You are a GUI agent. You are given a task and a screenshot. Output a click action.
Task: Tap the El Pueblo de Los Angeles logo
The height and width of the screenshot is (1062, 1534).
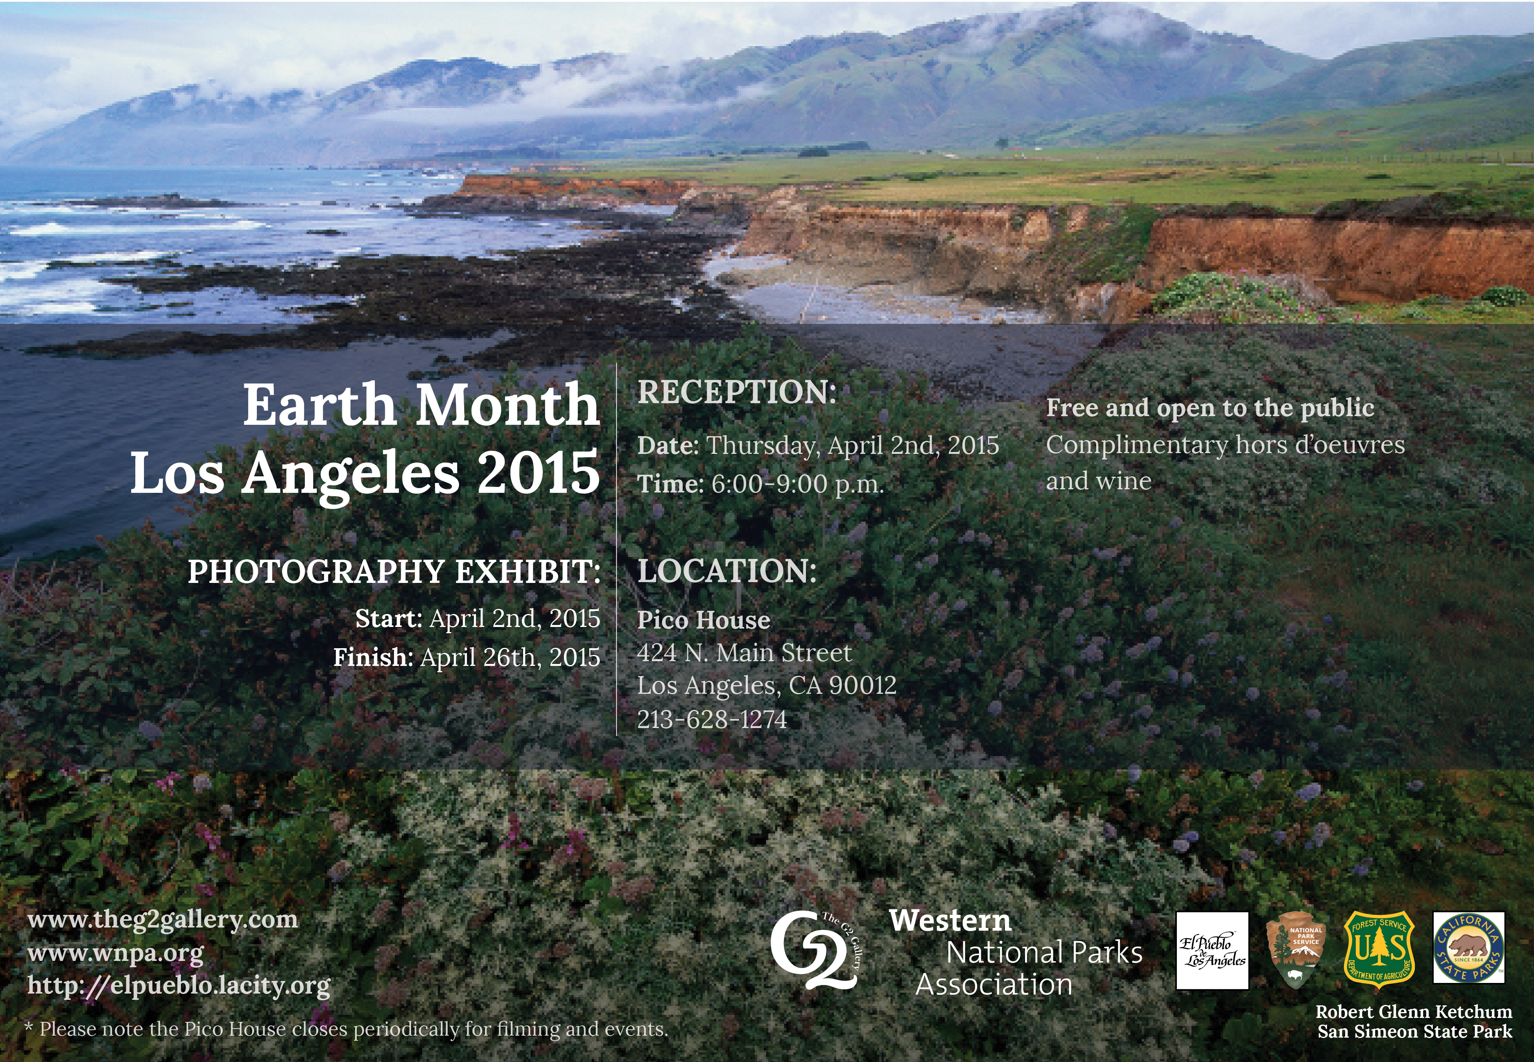point(1212,951)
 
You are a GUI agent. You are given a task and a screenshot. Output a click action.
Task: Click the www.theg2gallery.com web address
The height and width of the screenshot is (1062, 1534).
point(163,921)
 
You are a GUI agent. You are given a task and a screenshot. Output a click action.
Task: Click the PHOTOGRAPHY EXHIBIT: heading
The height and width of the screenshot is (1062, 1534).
point(394,571)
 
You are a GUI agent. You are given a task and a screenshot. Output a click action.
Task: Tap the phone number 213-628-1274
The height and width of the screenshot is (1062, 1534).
point(712,719)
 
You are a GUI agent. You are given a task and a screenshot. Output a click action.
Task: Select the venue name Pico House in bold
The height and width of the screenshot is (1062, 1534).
point(704,620)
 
